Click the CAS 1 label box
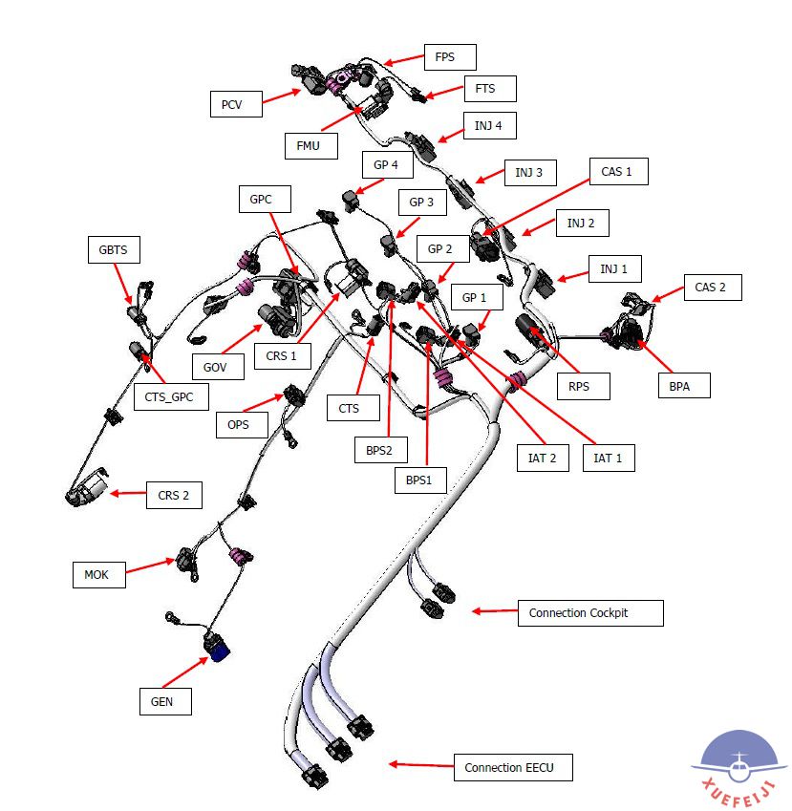[616, 172]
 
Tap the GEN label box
[163, 701]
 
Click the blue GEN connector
[217, 651]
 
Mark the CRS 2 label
[173, 495]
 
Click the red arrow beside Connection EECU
[418, 764]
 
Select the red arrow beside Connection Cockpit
[493, 611]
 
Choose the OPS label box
[239, 424]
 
